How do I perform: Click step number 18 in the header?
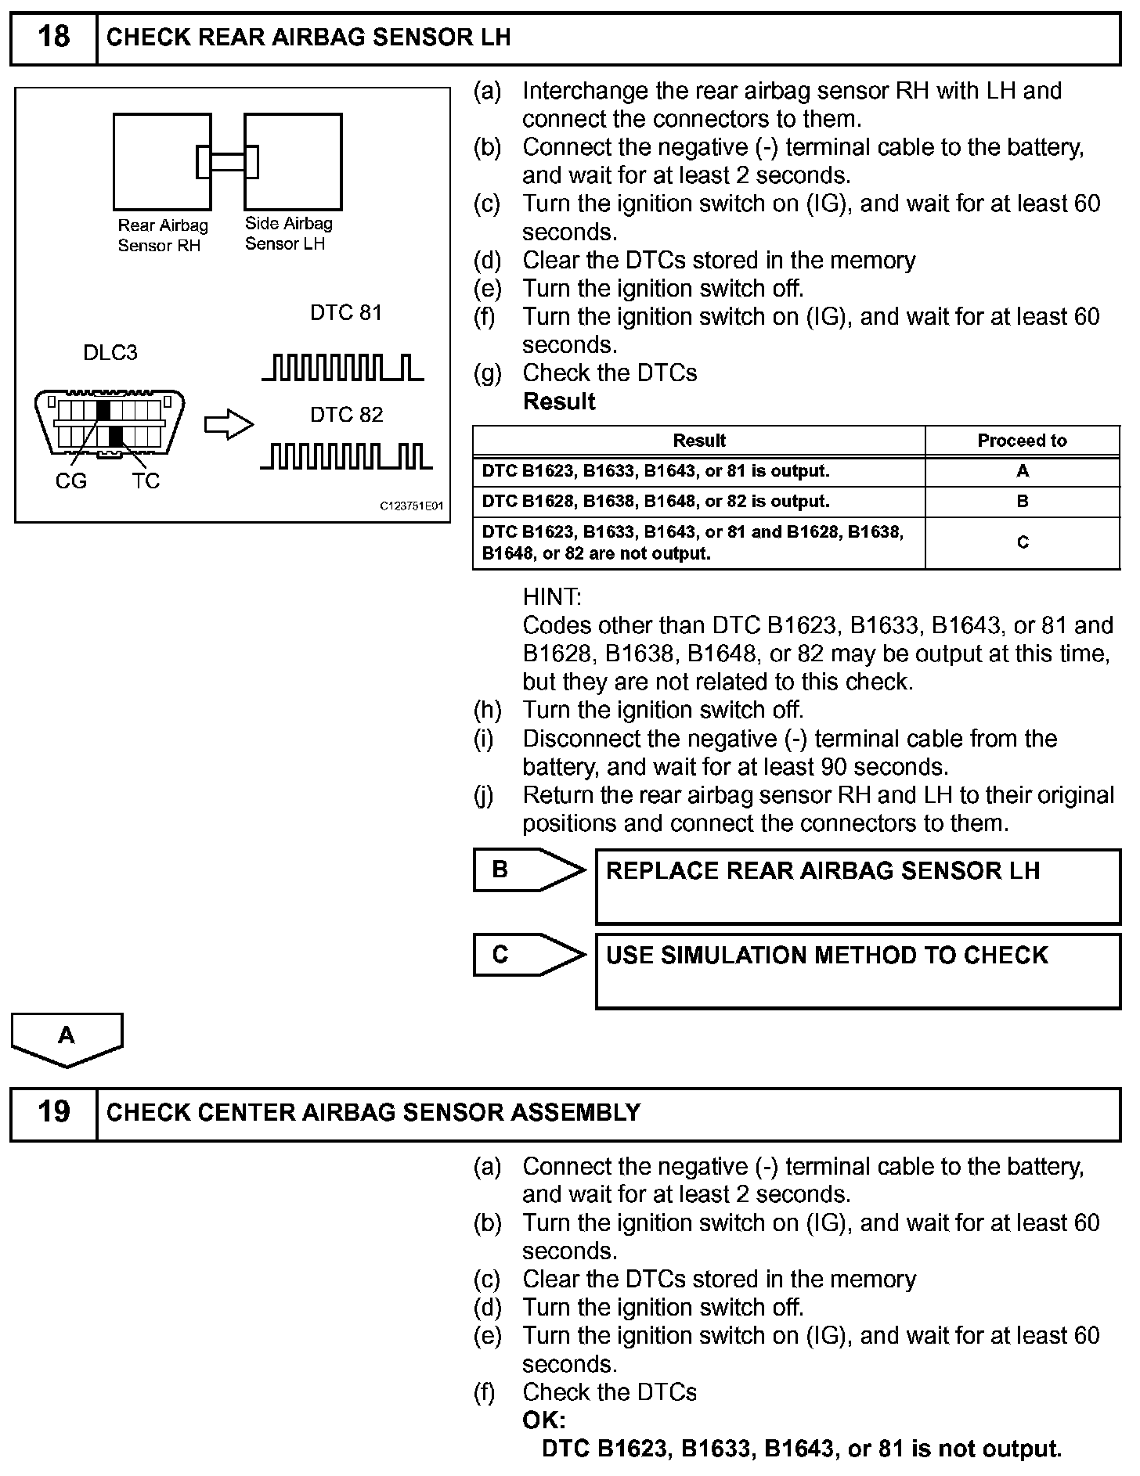coord(53,38)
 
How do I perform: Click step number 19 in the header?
coord(53,1112)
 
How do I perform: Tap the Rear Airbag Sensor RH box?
coord(162,162)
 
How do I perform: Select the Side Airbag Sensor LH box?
coord(293,162)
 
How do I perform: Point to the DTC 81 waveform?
coord(343,367)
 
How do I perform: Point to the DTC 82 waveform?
coord(345,456)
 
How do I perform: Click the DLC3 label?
coord(110,353)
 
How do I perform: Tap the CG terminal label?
coord(70,481)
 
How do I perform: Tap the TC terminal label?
coord(146,481)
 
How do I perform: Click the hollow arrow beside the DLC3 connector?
coord(229,425)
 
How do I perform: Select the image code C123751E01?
coord(411,506)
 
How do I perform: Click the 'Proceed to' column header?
coord(1022,441)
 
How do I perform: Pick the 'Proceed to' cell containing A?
coord(1022,471)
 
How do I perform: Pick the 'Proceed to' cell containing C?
coord(1022,542)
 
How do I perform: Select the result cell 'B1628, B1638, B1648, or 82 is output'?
coord(698,502)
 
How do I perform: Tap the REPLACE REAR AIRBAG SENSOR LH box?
coord(857,886)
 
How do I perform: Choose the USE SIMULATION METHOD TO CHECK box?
coord(857,970)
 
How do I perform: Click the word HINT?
coord(551,597)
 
